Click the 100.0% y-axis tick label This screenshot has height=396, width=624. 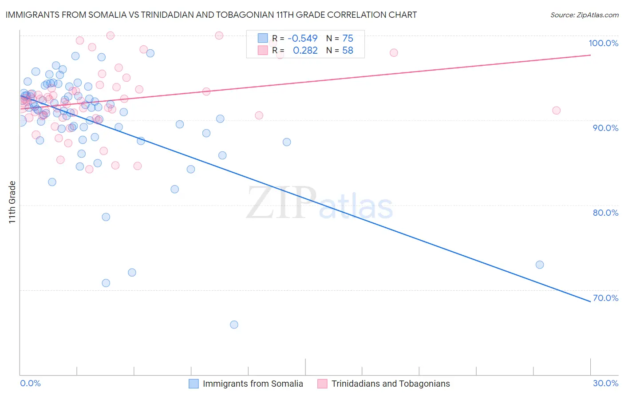coord(603,43)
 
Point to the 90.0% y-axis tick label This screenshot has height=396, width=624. coord(605,128)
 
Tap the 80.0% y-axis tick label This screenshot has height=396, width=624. coord(605,213)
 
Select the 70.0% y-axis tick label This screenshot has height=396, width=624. coord(605,298)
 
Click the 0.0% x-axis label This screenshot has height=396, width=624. coord(30,383)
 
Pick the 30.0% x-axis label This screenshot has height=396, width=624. coord(605,383)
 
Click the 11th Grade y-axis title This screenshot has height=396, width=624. coord(12,202)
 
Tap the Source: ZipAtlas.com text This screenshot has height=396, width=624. coord(584,15)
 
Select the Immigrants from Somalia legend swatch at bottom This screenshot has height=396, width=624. coord(194,384)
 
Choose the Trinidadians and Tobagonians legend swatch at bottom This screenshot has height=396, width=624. coord(322,384)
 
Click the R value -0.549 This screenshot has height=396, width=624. coord(303,38)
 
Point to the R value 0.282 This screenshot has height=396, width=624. coord(305,51)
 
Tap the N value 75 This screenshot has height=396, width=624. coord(348,38)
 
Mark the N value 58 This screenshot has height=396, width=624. coord(348,51)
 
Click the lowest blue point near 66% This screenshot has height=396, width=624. coord(234,325)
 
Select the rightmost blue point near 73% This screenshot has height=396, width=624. coord(540,265)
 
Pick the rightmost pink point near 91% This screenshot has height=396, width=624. coord(556,111)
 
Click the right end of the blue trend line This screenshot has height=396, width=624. coord(590,301)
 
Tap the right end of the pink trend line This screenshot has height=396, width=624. coord(590,55)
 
